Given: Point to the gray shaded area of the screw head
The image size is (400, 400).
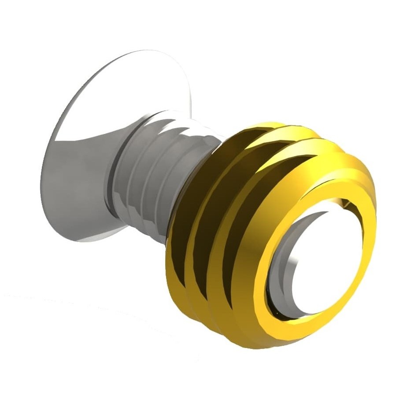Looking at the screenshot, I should coord(75,185).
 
